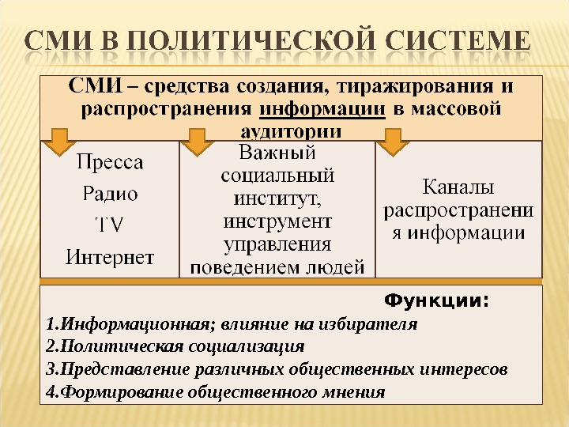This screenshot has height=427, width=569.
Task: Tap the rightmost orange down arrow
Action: (391, 142)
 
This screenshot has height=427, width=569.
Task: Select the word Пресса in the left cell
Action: (110, 164)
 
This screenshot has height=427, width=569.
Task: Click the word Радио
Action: (110, 194)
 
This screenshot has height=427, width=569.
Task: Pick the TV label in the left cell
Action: (109, 225)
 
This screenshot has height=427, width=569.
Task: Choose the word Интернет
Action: (110, 256)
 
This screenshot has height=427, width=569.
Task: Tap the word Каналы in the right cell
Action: (458, 188)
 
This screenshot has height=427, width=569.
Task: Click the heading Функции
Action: (435, 300)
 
